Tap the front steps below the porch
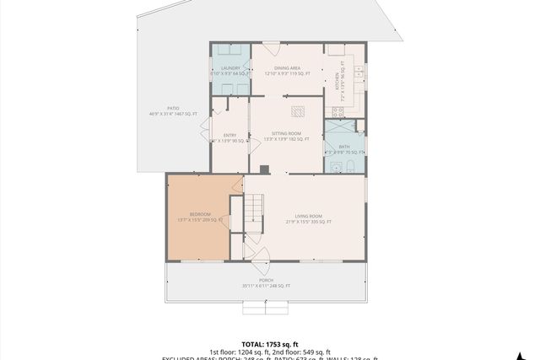coord(266,308)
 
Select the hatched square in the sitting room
coord(300,110)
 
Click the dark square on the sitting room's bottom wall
coord(264,169)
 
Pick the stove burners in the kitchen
coord(337,110)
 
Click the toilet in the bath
coord(349,167)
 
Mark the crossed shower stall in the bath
coord(340,129)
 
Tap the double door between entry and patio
coord(205,128)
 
